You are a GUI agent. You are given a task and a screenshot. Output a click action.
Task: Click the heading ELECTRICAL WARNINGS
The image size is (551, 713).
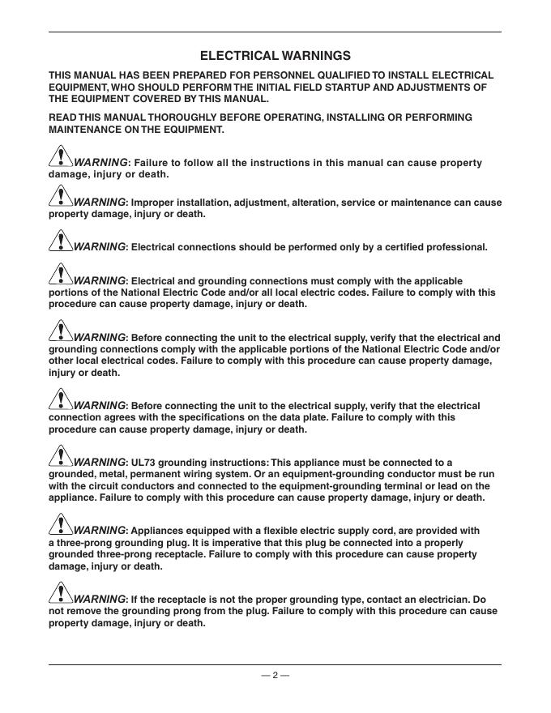coord(275,56)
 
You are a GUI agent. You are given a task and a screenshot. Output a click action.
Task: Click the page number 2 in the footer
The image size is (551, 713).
coord(275,675)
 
